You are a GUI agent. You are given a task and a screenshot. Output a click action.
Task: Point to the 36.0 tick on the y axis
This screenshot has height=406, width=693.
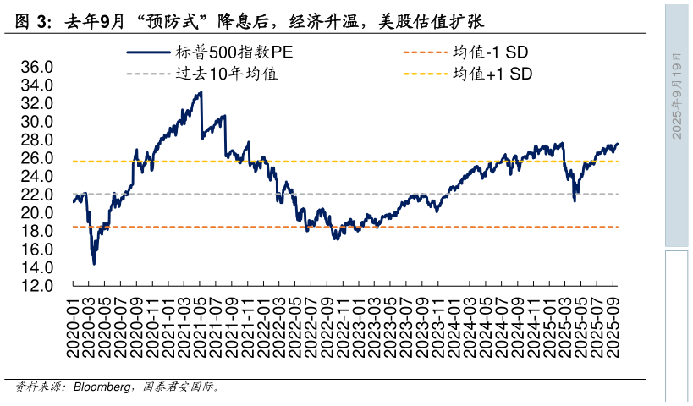(37, 67)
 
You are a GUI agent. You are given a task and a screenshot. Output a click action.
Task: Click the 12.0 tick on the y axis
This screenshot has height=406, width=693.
(37, 286)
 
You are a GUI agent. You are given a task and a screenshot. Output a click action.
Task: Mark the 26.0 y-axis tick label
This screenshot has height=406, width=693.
(37, 158)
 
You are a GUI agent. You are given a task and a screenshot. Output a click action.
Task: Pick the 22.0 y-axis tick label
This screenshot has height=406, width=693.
(37, 195)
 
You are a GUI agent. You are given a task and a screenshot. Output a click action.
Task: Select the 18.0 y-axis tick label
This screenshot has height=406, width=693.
(37, 231)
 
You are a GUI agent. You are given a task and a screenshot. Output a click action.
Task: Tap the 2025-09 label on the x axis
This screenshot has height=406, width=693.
(614, 326)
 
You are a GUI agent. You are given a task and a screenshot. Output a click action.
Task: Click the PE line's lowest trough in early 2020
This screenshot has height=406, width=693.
(94, 263)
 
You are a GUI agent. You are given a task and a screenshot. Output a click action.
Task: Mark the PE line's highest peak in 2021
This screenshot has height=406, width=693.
(201, 91)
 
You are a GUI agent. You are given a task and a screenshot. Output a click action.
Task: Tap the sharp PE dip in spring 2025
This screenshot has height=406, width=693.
(575, 200)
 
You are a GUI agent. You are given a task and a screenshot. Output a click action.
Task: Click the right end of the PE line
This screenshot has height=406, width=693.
(617, 144)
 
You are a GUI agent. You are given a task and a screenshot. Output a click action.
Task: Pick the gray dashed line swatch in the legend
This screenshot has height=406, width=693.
(148, 74)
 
